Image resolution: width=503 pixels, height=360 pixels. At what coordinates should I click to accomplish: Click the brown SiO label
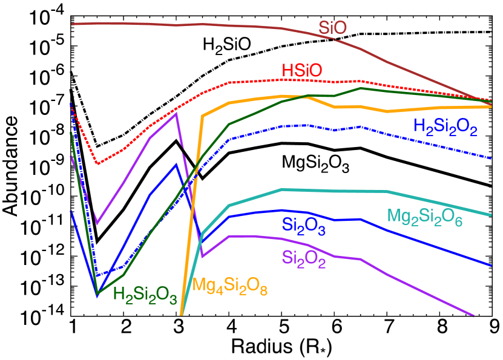click(x=333, y=28)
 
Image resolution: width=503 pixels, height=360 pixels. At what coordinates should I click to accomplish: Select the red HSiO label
click(x=302, y=70)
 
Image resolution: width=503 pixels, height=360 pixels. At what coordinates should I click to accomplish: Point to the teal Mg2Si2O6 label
click(x=425, y=217)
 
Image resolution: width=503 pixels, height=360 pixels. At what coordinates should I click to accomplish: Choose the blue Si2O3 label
click(x=304, y=226)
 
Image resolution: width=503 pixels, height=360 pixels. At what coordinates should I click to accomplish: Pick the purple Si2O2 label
click(x=304, y=259)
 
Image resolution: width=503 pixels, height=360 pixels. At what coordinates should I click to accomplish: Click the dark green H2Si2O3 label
click(x=145, y=296)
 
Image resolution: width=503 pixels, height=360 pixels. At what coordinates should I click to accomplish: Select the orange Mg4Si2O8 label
click(x=230, y=286)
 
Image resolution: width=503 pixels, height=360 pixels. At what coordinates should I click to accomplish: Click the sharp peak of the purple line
click(x=176, y=112)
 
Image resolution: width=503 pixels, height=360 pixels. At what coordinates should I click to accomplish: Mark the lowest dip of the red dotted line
click(x=97, y=163)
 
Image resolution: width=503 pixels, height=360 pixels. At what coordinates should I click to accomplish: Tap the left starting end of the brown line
click(x=72, y=24)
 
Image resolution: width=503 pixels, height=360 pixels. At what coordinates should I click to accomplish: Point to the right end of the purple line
click(x=473, y=315)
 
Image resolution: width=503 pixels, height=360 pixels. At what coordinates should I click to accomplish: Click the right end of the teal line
click(x=490, y=215)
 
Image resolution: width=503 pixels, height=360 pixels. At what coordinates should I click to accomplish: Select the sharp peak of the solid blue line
click(x=176, y=163)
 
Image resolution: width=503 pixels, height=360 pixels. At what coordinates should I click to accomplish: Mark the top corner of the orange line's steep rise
click(x=203, y=116)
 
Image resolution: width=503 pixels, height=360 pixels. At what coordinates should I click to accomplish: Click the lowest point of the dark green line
click(x=97, y=294)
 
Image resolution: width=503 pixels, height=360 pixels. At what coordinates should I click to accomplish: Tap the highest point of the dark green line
click(x=361, y=88)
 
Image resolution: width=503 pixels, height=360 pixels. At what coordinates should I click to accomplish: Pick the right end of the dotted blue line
click(x=490, y=158)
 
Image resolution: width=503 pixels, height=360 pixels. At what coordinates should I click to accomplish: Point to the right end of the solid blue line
click(x=490, y=265)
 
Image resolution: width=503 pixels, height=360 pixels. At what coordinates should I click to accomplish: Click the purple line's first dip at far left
click(x=97, y=224)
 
